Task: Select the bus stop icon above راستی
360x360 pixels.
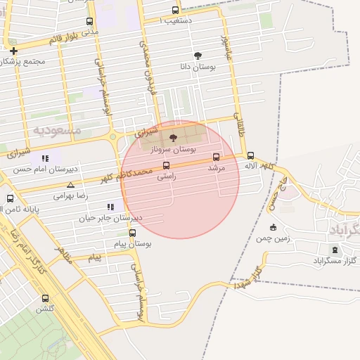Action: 166,166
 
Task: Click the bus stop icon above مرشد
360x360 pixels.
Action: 215,157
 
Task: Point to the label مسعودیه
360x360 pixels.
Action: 57,130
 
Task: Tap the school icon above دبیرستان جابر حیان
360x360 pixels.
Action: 110,207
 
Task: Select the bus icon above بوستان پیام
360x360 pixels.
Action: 132,233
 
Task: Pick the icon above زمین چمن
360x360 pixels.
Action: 274,227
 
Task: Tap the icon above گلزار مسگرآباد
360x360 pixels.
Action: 334,249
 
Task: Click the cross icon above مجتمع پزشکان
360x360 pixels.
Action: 14,51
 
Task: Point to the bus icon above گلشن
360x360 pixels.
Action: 46,298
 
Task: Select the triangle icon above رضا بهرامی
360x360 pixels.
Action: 70,184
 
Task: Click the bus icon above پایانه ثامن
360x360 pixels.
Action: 10,198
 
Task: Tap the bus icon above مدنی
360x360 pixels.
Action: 89,22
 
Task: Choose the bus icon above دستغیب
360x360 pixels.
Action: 175,10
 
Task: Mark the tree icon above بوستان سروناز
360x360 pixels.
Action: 174,138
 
